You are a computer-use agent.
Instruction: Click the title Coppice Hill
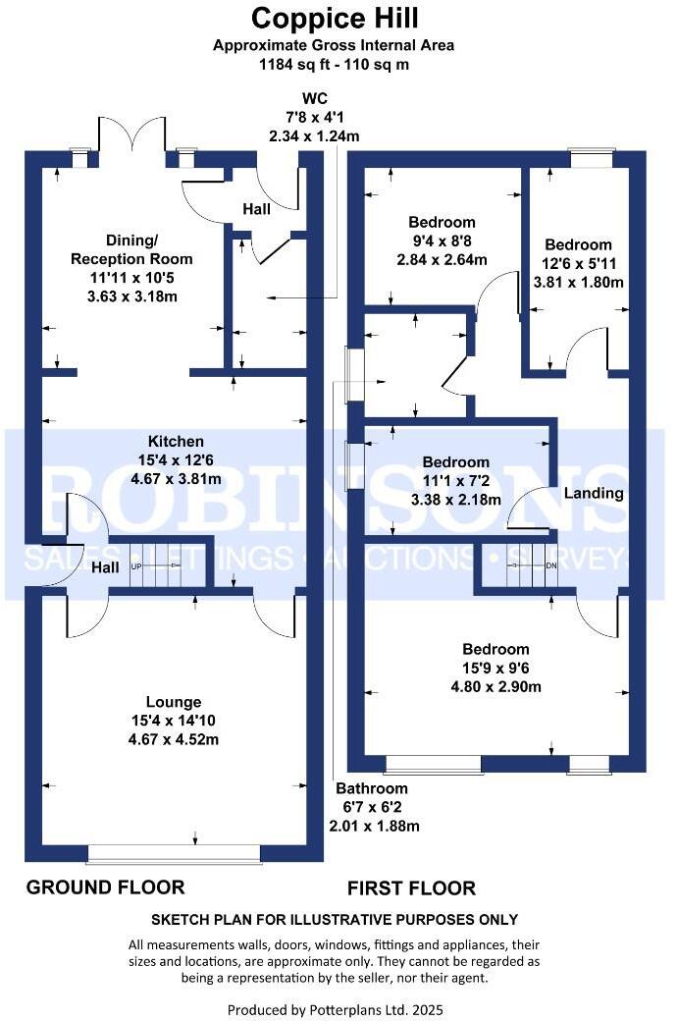pos(335,18)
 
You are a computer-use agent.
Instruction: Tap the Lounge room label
pos(174,702)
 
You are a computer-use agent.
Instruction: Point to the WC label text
pos(314,98)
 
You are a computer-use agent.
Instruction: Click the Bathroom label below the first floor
pos(372,788)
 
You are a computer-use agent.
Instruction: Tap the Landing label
pos(595,493)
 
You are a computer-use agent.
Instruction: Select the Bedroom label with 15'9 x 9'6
pos(496,649)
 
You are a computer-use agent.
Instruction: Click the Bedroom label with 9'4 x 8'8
pos(442,223)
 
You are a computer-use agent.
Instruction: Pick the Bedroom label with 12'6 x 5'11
pos(579,244)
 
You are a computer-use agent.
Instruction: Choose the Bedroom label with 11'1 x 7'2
pos(455,462)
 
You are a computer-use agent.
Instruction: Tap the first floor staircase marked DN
pos(530,567)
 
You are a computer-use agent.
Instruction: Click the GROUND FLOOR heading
pos(105,887)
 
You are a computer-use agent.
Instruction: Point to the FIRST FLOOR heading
pos(411,888)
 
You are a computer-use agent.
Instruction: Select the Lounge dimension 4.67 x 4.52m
pos(174,738)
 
